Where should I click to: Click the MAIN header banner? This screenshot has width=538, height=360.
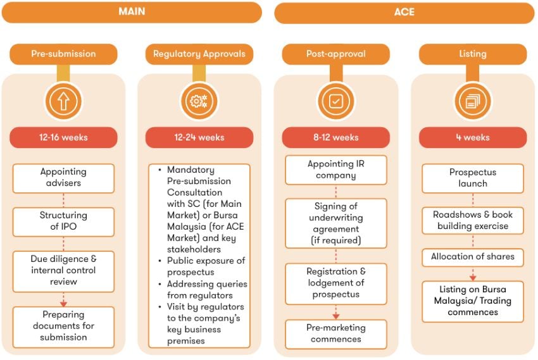(131, 12)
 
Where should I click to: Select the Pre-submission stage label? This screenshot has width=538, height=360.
(63, 54)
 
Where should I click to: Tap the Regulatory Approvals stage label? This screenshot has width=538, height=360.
(199, 54)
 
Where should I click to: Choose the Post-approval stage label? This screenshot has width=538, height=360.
(335, 54)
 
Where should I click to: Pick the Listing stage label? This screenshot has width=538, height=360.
(472, 54)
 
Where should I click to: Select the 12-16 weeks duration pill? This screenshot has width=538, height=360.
(63, 137)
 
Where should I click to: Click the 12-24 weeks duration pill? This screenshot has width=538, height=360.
(199, 137)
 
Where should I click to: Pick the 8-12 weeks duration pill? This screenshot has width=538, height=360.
(335, 137)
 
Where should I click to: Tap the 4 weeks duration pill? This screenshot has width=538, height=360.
(472, 137)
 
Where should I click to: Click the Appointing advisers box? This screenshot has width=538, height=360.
(63, 178)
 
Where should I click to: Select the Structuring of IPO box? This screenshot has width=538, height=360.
(63, 221)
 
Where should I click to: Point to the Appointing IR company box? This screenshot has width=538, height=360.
(335, 170)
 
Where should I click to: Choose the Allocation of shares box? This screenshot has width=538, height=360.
(472, 257)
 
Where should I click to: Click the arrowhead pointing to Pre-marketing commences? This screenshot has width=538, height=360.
(335, 315)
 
